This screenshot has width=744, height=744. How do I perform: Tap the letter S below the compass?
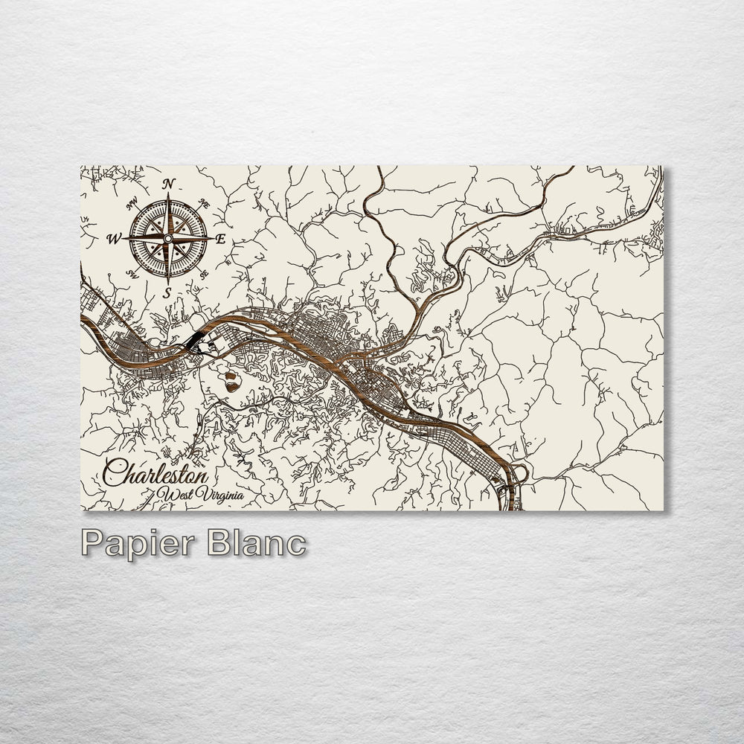(168, 292)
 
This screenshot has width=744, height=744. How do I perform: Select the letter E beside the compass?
(220, 239)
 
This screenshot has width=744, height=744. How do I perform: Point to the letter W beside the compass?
(115, 239)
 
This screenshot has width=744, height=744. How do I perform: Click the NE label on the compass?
(205, 202)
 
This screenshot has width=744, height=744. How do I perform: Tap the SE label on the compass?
(204, 274)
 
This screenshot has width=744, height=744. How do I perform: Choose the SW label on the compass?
(133, 275)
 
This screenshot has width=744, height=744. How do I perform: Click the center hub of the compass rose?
(168, 238)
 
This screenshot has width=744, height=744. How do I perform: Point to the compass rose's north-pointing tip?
(168, 196)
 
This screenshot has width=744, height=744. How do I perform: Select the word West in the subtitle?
(176, 495)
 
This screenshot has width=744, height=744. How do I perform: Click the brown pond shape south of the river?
(231, 380)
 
